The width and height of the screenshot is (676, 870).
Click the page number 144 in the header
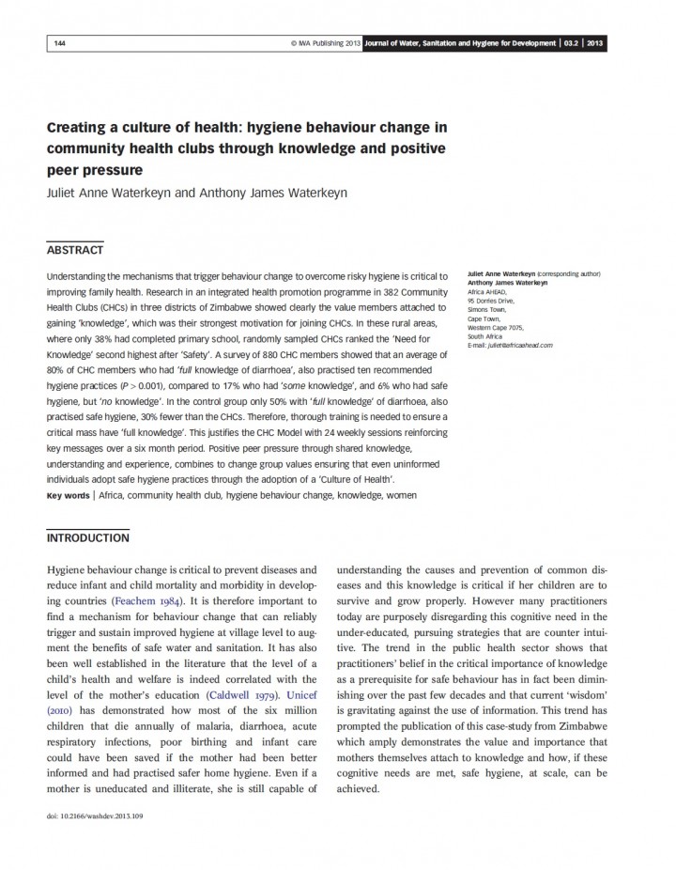click(60, 43)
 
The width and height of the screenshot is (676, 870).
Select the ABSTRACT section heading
click(75, 250)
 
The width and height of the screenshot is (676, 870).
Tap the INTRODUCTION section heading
click(88, 538)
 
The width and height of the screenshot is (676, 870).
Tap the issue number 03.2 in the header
click(571, 43)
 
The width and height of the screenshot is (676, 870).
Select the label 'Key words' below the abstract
click(69, 494)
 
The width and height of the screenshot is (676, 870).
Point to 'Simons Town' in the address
click(486, 309)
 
